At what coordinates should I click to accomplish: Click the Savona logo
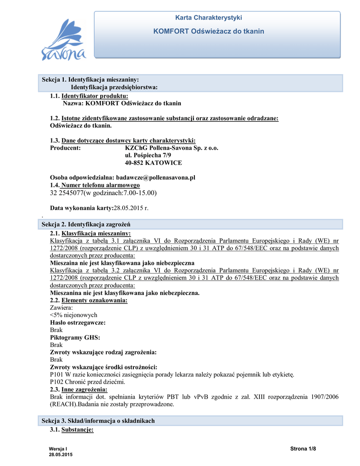[x=63, y=41]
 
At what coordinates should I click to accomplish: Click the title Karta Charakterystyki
[x=208, y=18]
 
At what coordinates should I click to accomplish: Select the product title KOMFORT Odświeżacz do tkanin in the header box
[x=208, y=31]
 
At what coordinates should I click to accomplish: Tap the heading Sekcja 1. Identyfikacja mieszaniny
[x=90, y=80]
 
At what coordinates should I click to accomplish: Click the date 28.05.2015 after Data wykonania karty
[x=131, y=208]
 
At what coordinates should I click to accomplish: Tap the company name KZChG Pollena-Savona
[x=157, y=148]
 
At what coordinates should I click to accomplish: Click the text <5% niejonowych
[x=73, y=315]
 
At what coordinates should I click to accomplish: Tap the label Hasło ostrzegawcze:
[x=77, y=322]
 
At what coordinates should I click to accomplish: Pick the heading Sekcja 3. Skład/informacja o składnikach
[x=98, y=421]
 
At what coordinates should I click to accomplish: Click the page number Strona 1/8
[x=303, y=449]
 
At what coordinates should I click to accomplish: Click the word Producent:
[x=65, y=148]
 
